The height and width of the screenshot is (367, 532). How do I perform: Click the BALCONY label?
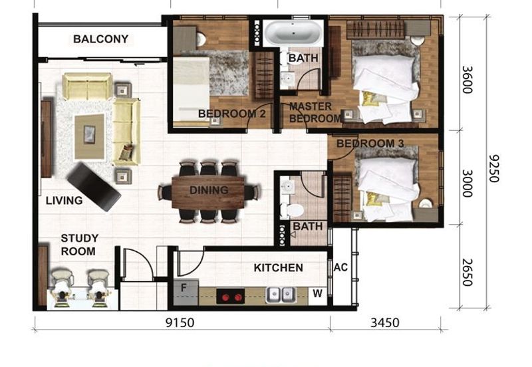coord(100,39)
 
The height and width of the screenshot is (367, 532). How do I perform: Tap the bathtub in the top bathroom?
coord(293,34)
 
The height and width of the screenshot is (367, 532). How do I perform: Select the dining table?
coord(208,191)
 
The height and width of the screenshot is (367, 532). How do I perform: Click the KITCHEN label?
coord(278,268)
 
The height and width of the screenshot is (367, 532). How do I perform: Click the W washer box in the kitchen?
coord(318,293)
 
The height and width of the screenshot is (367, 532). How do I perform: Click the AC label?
coord(340,267)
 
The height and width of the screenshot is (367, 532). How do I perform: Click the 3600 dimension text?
coord(467,79)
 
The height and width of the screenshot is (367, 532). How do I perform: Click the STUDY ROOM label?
coord(79,245)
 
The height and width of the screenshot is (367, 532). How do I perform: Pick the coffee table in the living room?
coord(89,136)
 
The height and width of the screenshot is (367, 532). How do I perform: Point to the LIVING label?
coord(65,200)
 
